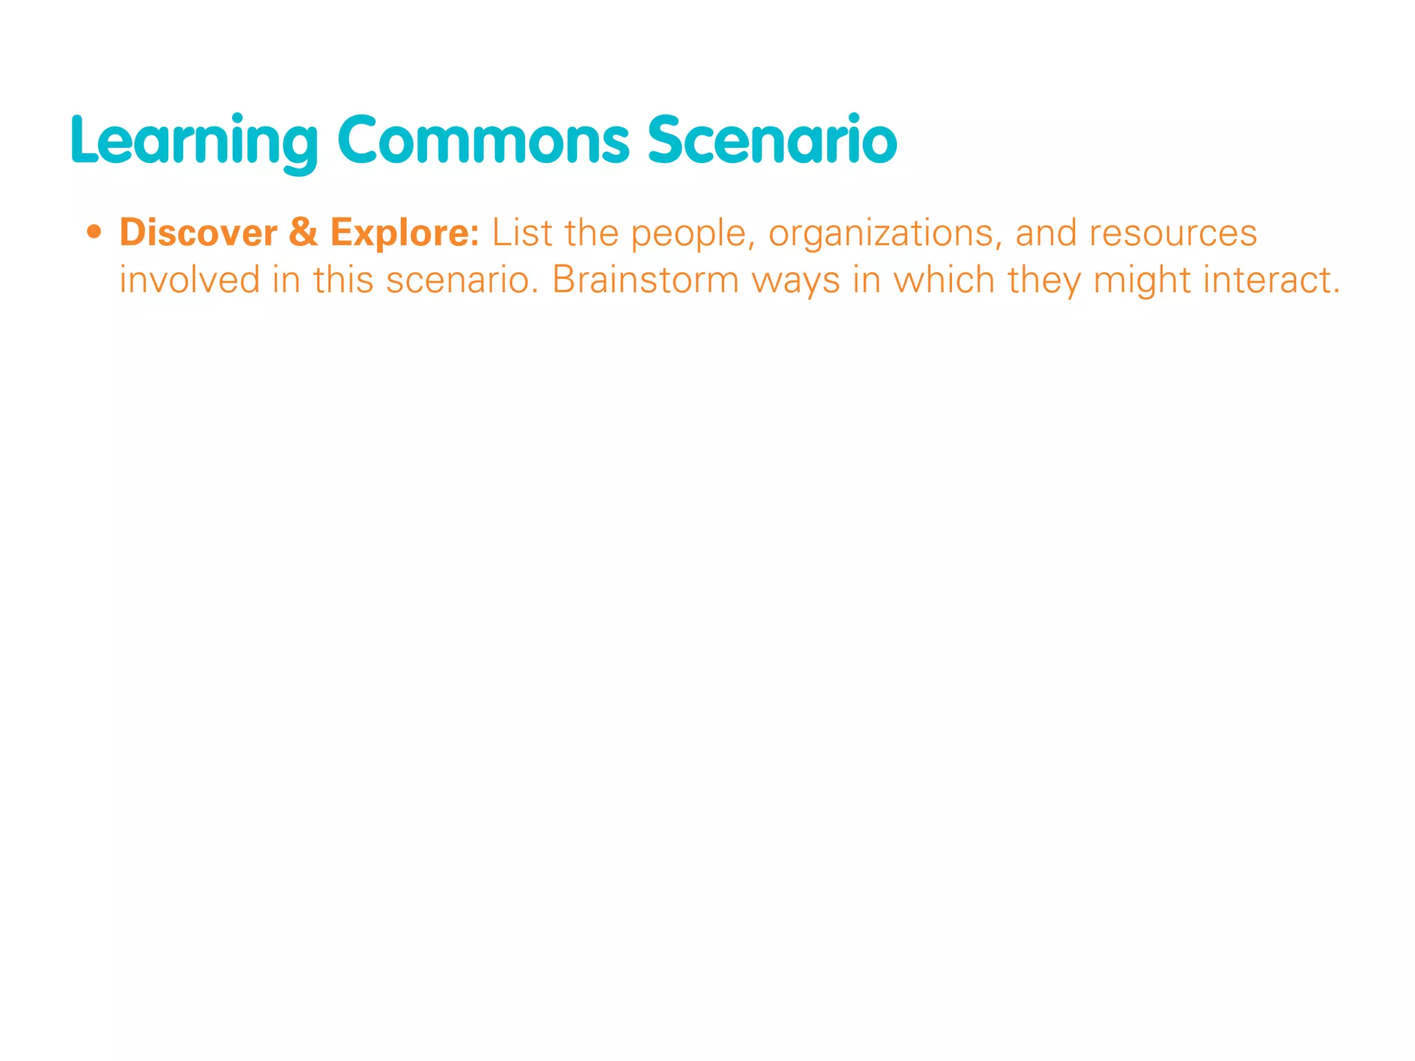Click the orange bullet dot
(95, 232)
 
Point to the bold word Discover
(198, 233)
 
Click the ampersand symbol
(303, 233)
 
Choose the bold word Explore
(404, 233)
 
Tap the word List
(522, 233)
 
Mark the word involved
(190, 280)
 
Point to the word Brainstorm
(645, 280)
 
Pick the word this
(343, 280)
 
